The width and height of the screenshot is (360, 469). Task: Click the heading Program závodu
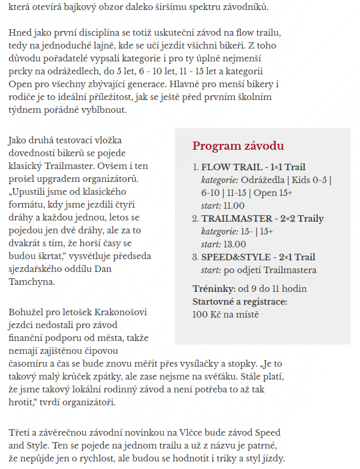238,146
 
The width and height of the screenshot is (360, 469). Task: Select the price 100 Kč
206,315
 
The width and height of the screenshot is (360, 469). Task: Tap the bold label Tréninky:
214,289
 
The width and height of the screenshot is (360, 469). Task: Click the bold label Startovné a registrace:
240,302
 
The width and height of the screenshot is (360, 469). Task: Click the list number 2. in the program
196,219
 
